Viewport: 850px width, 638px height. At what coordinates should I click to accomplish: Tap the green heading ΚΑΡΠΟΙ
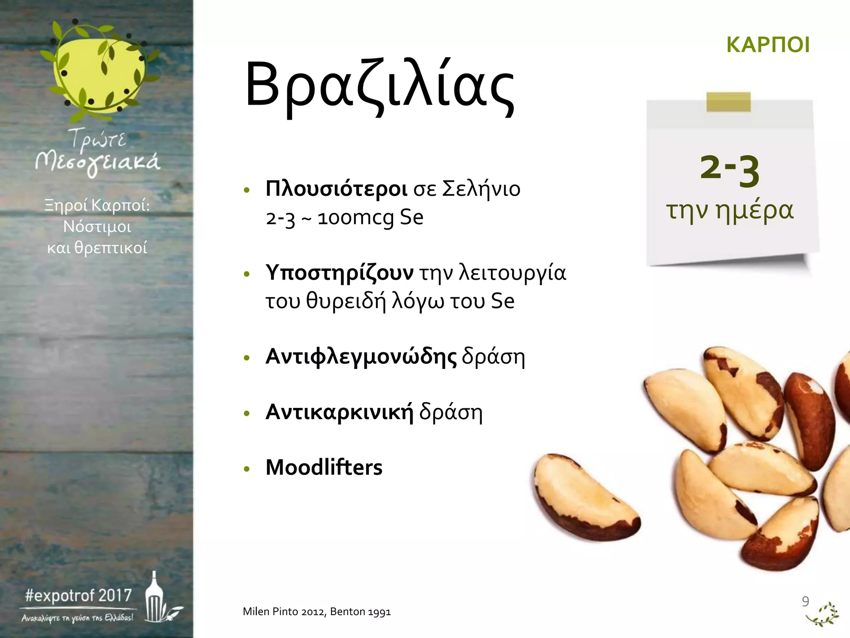pos(768,45)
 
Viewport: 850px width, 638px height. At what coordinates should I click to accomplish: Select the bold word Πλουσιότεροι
pos(336,189)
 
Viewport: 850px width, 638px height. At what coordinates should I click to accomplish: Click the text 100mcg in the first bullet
pos(355,218)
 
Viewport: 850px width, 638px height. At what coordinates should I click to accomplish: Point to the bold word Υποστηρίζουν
pos(340,273)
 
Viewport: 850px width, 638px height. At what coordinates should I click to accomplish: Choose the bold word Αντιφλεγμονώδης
pos(361,356)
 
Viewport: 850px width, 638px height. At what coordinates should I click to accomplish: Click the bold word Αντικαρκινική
pos(340,412)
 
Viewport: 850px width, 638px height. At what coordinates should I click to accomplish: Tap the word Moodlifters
pos(324,467)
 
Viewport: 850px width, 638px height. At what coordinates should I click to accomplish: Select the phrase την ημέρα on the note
pos(730,210)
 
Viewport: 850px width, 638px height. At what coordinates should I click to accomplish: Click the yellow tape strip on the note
pos(728,102)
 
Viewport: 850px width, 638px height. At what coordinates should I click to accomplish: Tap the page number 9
pos(805,601)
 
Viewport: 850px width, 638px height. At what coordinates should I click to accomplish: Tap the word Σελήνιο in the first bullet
pos(481,189)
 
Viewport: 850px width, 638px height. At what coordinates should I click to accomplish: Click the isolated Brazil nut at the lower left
pos(585,496)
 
